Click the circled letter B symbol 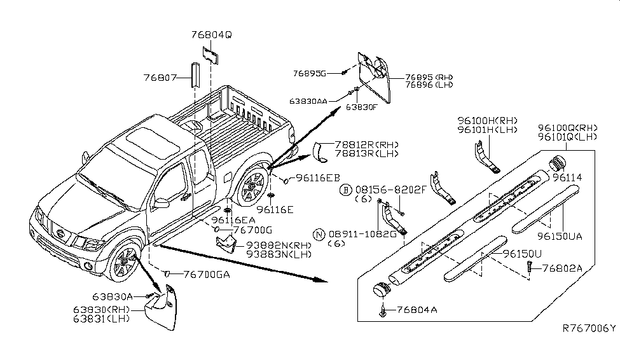[x=346, y=190]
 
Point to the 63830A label [x=112, y=296]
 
